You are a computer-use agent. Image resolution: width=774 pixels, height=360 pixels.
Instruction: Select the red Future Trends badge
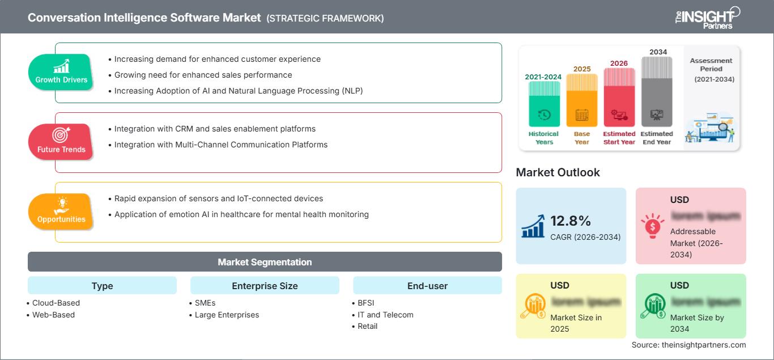point(61,142)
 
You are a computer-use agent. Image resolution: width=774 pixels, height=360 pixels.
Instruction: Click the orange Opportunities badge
point(61,211)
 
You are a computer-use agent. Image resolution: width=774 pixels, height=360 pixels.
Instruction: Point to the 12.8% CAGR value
point(571,221)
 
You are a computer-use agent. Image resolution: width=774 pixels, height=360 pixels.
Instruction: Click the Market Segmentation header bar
point(265,262)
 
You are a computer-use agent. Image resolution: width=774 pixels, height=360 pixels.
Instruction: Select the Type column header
point(102,286)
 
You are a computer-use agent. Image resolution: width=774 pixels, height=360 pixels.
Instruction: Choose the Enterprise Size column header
point(265,286)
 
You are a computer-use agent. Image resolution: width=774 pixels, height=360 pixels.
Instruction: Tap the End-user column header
point(427,286)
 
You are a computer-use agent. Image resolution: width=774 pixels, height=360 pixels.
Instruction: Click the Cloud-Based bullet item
point(56,303)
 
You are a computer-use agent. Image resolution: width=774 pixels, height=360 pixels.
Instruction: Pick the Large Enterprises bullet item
point(226,315)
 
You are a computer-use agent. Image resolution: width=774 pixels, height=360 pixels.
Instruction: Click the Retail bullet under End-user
point(367,326)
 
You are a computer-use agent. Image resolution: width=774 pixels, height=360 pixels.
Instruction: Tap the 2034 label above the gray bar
point(658,52)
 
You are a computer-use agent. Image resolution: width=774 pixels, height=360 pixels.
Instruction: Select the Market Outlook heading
point(558,172)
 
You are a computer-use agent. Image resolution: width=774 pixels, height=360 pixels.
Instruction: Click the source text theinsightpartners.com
point(688,345)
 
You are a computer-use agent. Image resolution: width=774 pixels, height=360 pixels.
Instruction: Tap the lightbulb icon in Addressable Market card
point(652,226)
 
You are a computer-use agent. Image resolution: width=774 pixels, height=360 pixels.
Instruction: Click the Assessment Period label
point(711,65)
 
